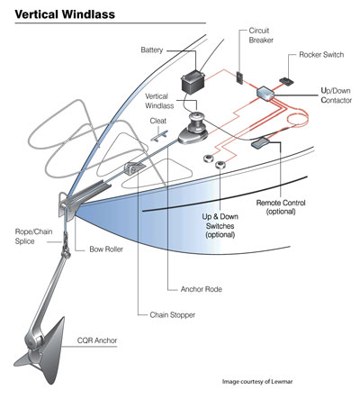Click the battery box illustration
[x=193, y=83]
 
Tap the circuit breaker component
[x=240, y=77]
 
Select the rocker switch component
[x=287, y=82]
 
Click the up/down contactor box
[x=265, y=93]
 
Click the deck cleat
[x=159, y=136]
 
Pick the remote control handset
[x=261, y=142]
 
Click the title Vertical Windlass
[x=65, y=14]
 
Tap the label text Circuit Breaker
[x=261, y=35]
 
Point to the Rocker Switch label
[x=321, y=55]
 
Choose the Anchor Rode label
[x=202, y=289]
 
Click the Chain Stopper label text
[x=173, y=315]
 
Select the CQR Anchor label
[x=97, y=340]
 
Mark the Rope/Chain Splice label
[x=33, y=237]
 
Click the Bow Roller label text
[x=106, y=249]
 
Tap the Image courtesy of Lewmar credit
[x=257, y=382]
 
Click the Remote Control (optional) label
[x=281, y=207]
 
